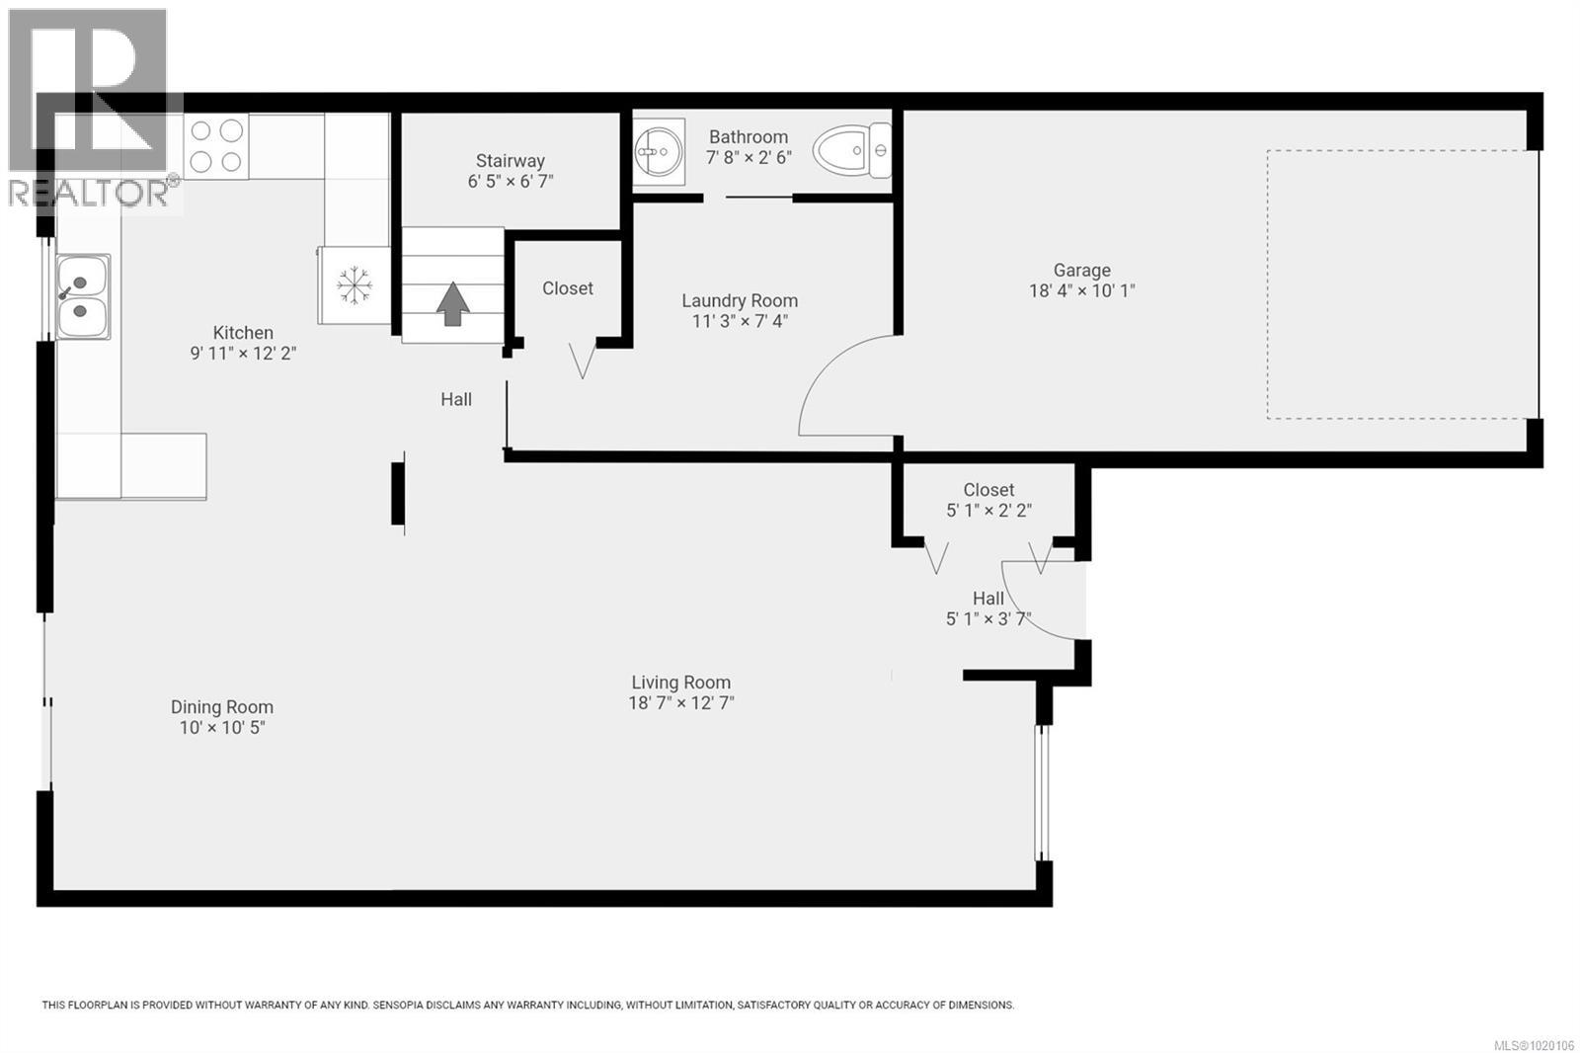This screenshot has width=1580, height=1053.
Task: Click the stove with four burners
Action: tap(216, 146)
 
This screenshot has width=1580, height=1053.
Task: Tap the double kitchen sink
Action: tap(82, 296)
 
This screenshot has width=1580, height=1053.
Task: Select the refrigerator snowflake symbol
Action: tap(354, 285)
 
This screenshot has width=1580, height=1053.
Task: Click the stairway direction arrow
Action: tap(453, 303)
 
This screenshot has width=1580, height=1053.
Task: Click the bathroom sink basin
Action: tap(658, 152)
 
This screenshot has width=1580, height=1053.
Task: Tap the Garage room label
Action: tap(1081, 270)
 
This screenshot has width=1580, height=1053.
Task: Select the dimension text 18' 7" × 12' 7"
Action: tap(681, 703)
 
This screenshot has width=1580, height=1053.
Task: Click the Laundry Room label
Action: tap(740, 300)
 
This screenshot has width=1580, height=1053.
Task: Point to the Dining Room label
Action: tap(222, 706)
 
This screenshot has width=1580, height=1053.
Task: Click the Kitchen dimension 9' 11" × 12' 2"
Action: tap(243, 353)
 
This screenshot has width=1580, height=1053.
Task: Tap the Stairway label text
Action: tap(510, 160)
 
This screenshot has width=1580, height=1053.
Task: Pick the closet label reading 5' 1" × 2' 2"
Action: tap(988, 511)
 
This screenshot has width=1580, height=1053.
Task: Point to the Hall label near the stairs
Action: tap(456, 399)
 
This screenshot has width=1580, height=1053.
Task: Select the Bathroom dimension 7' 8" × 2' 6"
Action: tap(749, 157)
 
